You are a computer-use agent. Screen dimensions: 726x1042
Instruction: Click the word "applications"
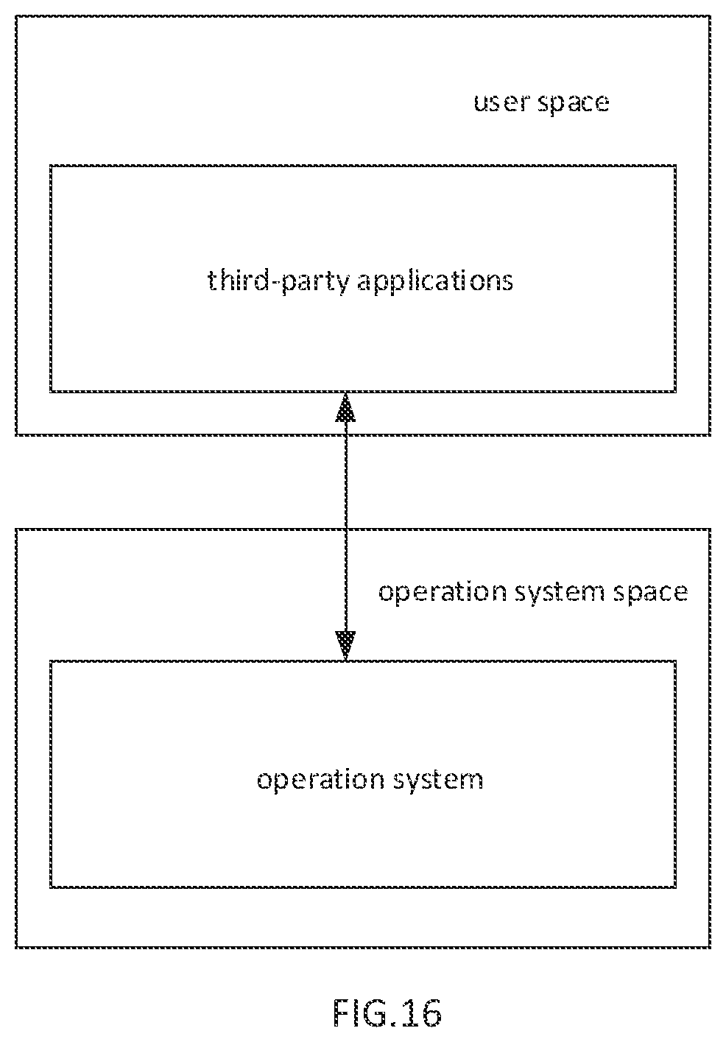tap(435, 282)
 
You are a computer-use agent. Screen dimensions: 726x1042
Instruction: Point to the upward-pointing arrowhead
tap(345, 407)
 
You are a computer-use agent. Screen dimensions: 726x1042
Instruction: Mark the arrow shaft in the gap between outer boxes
tap(345, 482)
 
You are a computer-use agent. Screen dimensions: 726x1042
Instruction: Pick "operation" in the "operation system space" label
tap(443, 593)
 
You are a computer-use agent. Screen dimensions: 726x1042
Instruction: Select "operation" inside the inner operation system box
tap(321, 780)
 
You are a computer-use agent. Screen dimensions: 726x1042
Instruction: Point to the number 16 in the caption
tap(424, 1012)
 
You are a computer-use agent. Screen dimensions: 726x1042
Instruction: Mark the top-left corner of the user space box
tap(16, 16)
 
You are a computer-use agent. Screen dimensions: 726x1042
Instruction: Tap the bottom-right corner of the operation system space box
tap(710, 947)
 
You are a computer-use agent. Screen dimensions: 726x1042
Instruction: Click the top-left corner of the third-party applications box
tap(51, 166)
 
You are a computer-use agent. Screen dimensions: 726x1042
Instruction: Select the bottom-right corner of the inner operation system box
tap(675, 887)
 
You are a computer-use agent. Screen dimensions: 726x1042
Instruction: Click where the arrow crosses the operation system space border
tap(345, 529)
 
